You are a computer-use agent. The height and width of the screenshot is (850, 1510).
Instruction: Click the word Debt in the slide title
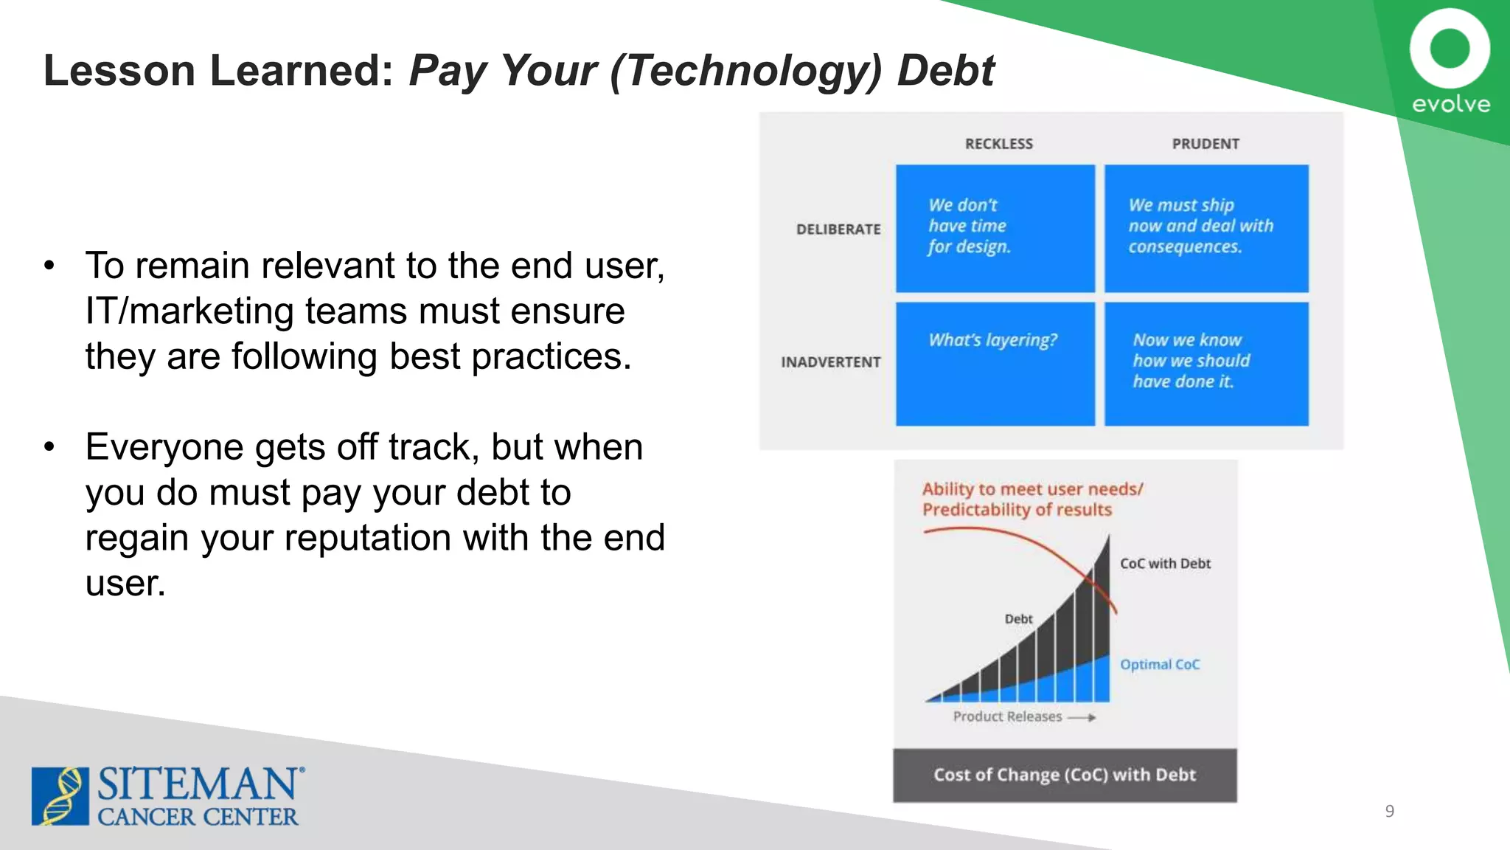click(x=946, y=71)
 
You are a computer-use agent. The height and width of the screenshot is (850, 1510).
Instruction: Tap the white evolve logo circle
click(x=1450, y=49)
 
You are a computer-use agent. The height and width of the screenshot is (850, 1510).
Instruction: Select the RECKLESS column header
click(x=999, y=144)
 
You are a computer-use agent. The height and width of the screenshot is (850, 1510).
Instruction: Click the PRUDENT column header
click(x=1205, y=144)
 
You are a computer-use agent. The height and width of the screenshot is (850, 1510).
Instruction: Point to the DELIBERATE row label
click(x=838, y=229)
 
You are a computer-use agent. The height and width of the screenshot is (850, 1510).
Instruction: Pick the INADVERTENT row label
click(x=831, y=362)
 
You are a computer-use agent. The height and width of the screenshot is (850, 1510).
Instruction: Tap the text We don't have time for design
click(x=968, y=226)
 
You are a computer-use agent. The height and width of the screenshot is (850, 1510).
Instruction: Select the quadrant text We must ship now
click(x=1200, y=226)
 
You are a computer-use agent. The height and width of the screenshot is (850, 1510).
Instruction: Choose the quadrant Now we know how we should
click(x=1191, y=361)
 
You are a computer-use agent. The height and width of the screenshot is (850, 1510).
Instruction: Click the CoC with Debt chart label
click(x=1165, y=564)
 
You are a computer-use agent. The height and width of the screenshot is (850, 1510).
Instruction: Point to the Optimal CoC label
click(x=1160, y=665)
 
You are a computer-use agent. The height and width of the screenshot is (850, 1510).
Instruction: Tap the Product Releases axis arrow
click(x=1082, y=717)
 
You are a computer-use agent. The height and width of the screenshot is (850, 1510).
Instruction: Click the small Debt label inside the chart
click(x=1018, y=619)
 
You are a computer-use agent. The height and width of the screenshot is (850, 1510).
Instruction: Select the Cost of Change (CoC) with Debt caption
click(x=1065, y=775)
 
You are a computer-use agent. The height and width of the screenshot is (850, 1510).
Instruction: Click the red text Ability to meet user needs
click(x=1032, y=489)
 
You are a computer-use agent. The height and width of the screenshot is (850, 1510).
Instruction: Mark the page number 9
click(x=1389, y=812)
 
